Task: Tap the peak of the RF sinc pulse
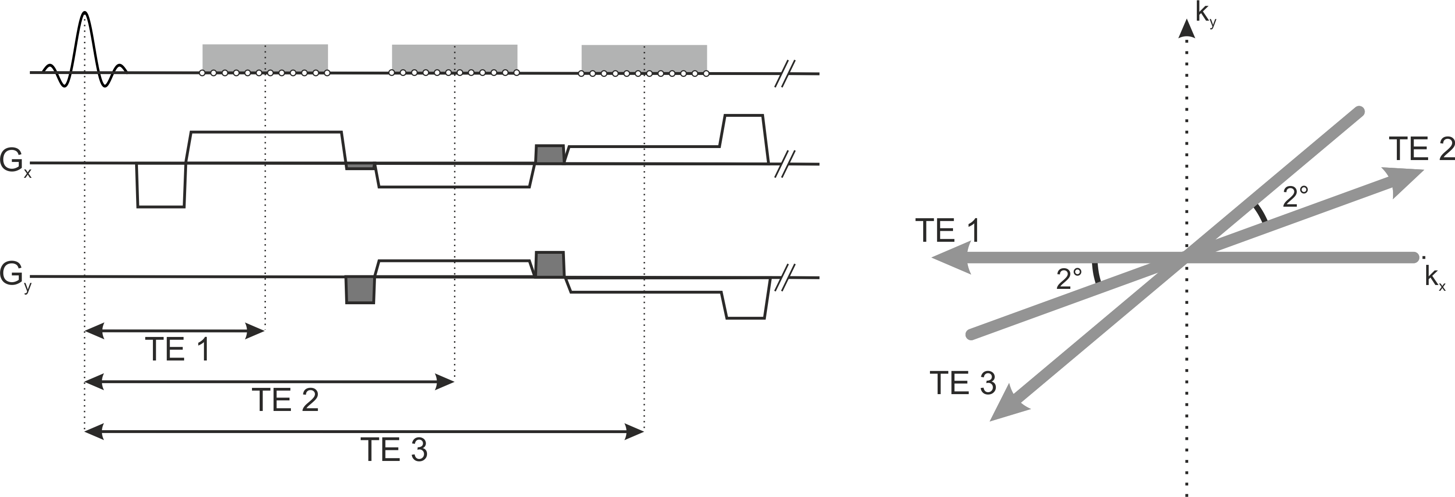85,14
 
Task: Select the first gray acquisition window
265,58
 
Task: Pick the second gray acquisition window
455,58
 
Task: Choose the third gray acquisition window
644,58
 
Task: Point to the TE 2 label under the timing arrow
285,400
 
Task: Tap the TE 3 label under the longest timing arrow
394,450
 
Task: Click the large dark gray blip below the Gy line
360,290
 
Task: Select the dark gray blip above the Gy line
550,264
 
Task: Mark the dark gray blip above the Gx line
550,154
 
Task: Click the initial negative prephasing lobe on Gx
161,186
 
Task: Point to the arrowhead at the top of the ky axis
1187,28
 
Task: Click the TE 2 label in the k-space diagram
1420,149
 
